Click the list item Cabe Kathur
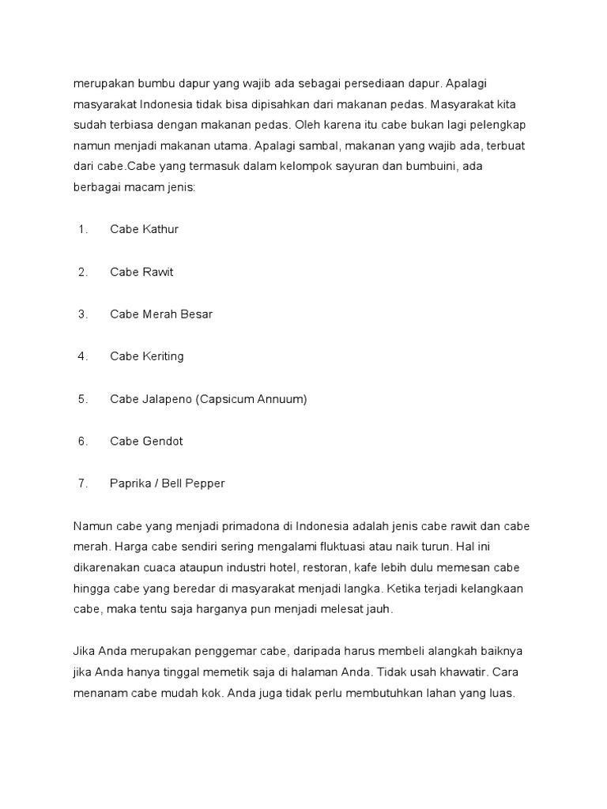[x=145, y=230]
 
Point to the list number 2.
[x=82, y=273]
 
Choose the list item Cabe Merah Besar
[x=161, y=314]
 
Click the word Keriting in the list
[x=163, y=357]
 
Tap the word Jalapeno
[x=168, y=399]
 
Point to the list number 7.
[x=82, y=484]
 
